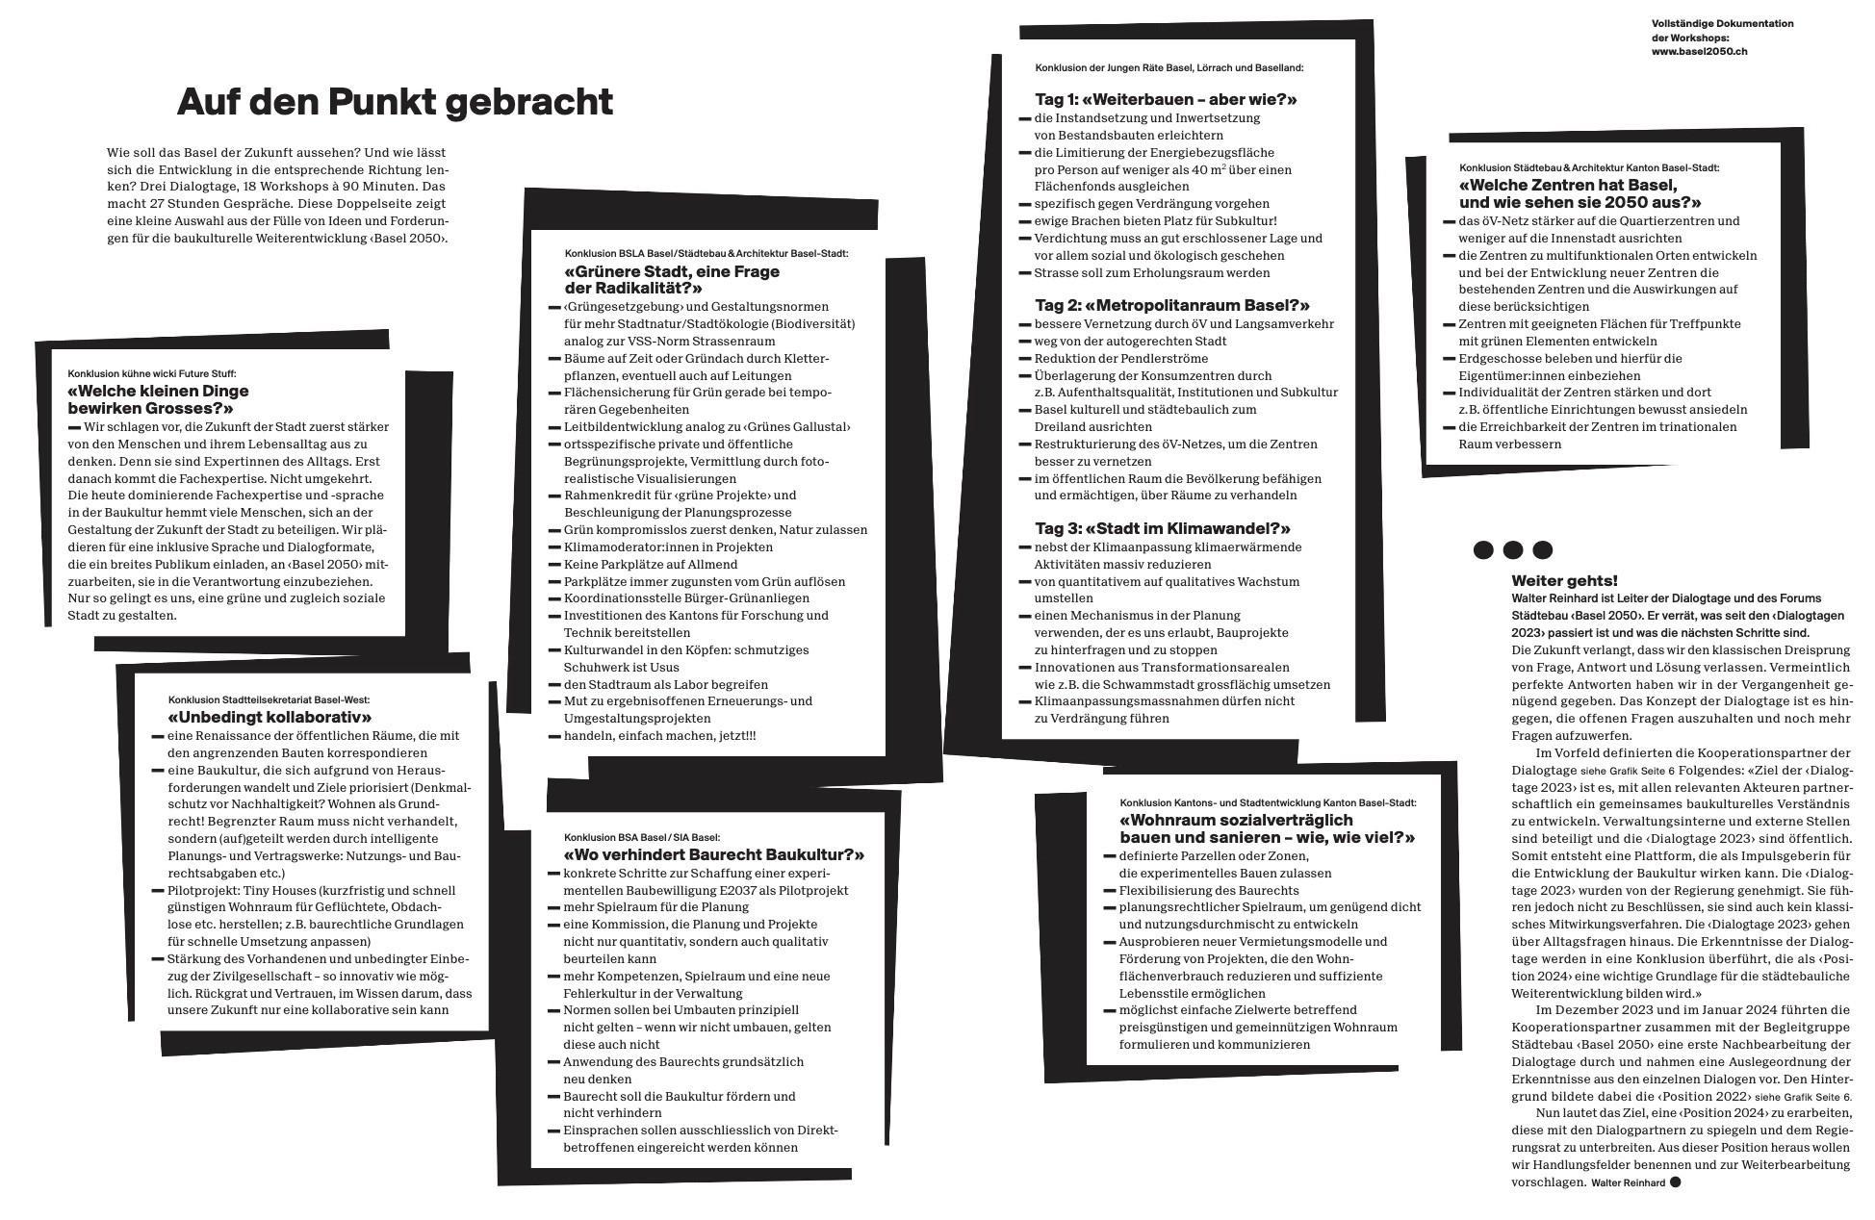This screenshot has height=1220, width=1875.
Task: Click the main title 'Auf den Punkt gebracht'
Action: (395, 102)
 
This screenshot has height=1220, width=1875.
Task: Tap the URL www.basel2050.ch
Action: (1699, 51)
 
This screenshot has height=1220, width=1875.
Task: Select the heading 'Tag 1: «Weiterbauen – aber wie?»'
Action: (1166, 99)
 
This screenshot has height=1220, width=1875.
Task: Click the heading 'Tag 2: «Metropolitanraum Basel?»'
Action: (1172, 305)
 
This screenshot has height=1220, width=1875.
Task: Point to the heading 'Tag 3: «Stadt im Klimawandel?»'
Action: (1163, 528)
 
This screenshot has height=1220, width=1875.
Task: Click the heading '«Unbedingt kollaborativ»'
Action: (270, 718)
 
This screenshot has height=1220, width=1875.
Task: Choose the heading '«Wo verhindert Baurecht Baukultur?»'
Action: (713, 854)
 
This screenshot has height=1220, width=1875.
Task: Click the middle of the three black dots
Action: (1513, 550)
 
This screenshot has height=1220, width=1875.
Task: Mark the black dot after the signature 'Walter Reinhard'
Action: (1675, 1182)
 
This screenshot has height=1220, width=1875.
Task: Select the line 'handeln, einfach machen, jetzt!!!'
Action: (659, 736)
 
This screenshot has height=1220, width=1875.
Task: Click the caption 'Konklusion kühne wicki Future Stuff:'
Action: (152, 373)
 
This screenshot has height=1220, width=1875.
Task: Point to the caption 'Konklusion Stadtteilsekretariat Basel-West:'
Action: (269, 699)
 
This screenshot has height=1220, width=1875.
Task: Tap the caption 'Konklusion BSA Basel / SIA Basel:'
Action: (642, 837)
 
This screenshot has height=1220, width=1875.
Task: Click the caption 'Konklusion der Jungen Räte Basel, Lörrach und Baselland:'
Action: (1169, 68)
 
